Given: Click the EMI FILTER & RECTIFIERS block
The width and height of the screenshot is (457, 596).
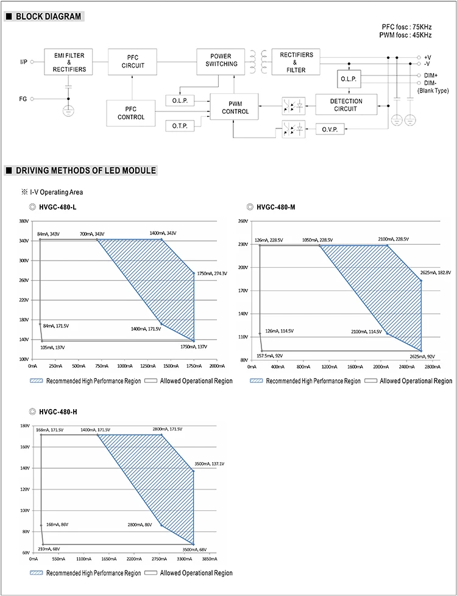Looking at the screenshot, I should [x=68, y=61].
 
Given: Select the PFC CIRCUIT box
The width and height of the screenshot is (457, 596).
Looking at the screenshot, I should [x=133, y=61].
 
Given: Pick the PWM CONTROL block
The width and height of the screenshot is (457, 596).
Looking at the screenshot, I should [x=235, y=107].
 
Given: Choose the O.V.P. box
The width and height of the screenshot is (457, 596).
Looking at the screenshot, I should [x=330, y=129].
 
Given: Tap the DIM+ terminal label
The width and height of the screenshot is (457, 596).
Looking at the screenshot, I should [x=431, y=75].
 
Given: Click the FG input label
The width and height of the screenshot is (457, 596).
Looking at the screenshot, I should [x=23, y=98].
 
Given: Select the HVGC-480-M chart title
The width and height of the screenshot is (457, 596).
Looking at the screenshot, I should [x=275, y=207].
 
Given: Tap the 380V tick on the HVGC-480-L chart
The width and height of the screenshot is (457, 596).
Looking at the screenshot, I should [x=24, y=221].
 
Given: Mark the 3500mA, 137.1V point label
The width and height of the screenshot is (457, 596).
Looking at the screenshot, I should [x=209, y=465].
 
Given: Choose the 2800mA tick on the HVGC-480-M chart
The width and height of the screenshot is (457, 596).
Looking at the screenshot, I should [x=432, y=367].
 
